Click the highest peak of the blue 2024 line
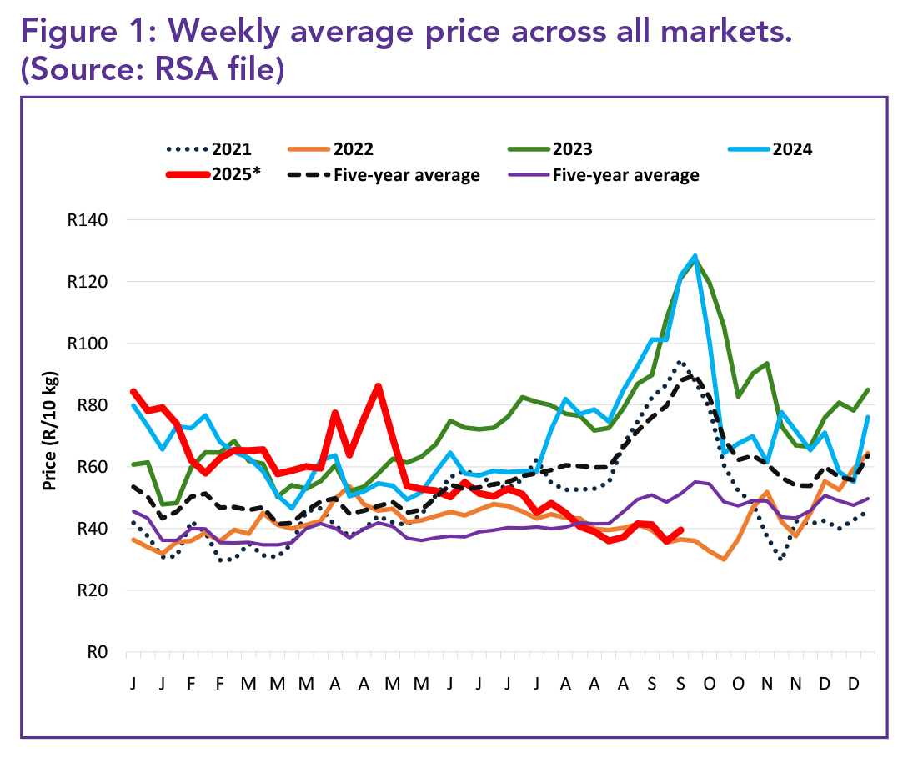[695, 256]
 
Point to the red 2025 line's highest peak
[378, 386]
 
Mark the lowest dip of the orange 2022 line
[724, 559]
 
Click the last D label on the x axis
[853, 682]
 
